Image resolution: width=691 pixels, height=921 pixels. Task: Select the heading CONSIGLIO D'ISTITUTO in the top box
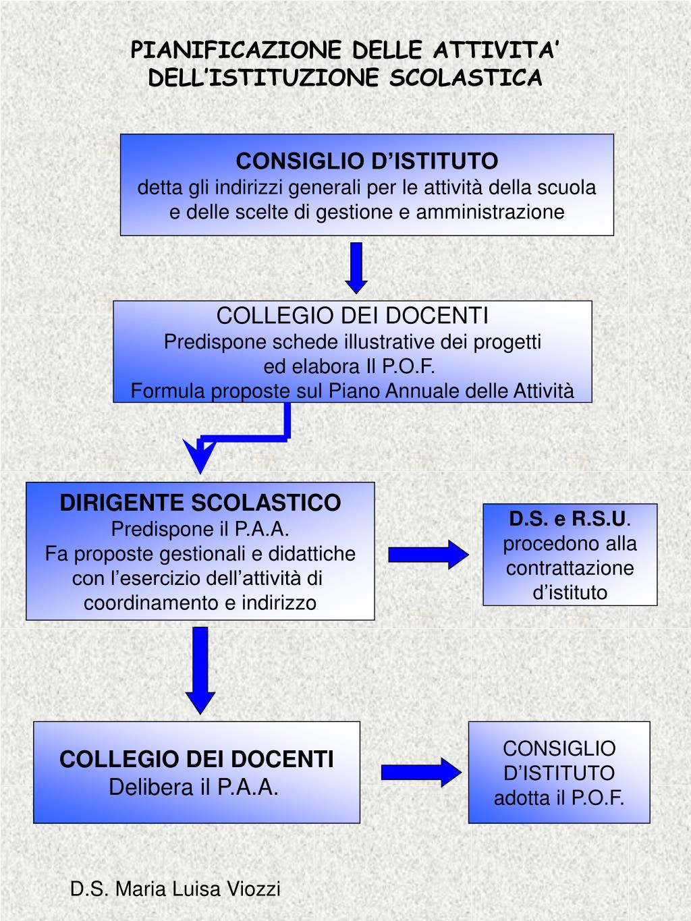click(x=367, y=161)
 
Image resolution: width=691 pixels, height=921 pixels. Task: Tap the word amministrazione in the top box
click(x=490, y=212)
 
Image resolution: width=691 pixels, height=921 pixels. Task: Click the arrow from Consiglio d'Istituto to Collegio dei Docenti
click(x=356, y=267)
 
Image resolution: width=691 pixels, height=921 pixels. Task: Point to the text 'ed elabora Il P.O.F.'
click(x=349, y=366)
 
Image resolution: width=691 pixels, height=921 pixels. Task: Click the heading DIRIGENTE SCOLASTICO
click(x=200, y=503)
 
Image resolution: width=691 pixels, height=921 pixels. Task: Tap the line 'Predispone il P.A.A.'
click(x=200, y=528)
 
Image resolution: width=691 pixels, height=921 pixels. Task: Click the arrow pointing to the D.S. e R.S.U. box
click(x=428, y=555)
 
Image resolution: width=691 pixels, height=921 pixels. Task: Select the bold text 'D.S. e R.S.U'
click(x=568, y=519)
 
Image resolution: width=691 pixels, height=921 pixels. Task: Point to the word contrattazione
click(x=570, y=568)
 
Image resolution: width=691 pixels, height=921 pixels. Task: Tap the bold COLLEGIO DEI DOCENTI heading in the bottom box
click(x=196, y=759)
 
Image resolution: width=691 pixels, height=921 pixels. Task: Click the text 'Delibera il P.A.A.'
click(x=194, y=787)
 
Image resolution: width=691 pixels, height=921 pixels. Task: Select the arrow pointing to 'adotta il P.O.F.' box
click(x=421, y=772)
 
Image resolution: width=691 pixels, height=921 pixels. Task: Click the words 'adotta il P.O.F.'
click(x=559, y=798)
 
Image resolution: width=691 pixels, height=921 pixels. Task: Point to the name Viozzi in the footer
click(x=253, y=889)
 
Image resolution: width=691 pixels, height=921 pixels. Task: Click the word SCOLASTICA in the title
click(x=466, y=78)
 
